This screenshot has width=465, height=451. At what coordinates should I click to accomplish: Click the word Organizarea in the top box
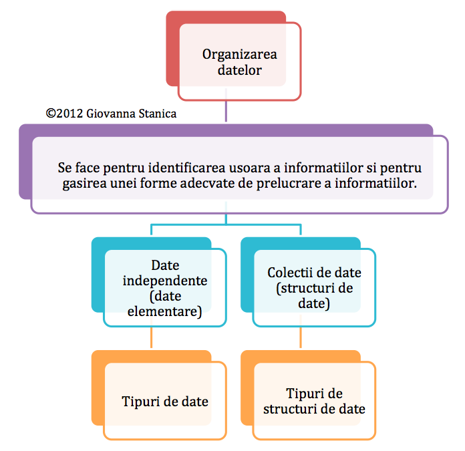(x=240, y=55)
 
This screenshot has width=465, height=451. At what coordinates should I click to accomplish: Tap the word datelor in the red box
(x=240, y=70)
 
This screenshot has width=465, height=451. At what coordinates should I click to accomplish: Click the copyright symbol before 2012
(x=51, y=114)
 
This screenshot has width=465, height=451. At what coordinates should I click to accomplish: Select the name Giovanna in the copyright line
(x=111, y=114)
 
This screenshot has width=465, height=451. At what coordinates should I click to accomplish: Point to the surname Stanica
(x=158, y=114)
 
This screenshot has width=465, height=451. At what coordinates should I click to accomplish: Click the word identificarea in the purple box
(x=187, y=168)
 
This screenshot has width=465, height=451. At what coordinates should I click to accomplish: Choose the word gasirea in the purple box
(x=84, y=184)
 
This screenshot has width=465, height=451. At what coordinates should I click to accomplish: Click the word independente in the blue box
(x=165, y=281)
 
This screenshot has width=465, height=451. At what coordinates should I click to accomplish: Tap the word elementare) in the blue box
(x=164, y=311)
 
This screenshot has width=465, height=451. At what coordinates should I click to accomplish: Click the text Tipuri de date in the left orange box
(x=165, y=402)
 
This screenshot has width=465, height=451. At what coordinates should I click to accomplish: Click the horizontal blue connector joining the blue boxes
(x=226, y=224)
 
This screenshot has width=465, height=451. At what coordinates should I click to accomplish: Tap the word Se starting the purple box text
(x=65, y=168)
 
